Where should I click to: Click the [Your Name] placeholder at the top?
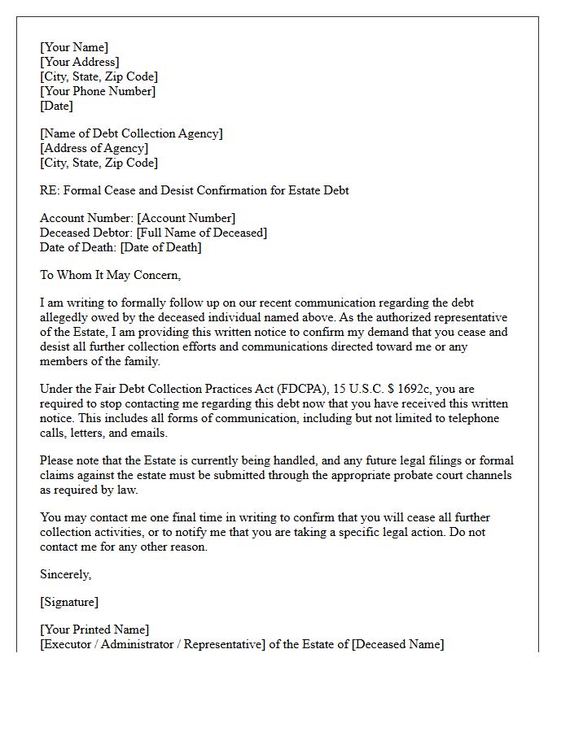74,47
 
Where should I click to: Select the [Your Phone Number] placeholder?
98,91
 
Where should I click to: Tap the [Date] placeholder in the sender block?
56,106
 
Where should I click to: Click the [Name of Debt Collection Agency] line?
131,133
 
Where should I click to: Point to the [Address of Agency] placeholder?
94,148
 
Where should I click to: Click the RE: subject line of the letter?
194,190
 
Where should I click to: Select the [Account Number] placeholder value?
186,218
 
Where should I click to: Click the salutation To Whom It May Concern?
110,275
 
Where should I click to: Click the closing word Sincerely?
65,574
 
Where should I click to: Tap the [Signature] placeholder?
69,602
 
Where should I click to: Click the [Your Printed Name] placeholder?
94,630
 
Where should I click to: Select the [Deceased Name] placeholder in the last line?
397,644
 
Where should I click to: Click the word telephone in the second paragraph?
471,419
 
